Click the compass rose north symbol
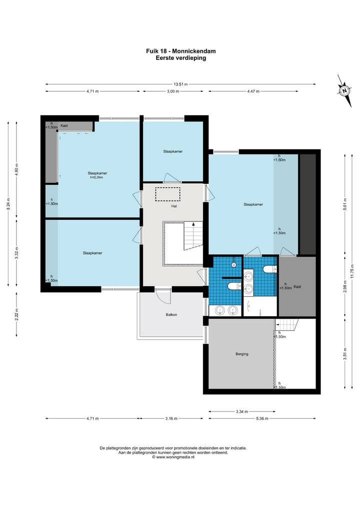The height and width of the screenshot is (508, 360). point(344,91)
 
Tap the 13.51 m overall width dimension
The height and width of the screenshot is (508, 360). point(180,84)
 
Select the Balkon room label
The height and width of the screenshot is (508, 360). point(171,315)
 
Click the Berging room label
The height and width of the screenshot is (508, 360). point(242,354)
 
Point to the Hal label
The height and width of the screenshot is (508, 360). point(174,206)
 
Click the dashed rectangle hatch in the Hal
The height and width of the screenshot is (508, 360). point(167,194)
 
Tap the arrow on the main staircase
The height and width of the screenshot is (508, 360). point(193,224)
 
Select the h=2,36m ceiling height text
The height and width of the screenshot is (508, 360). point(97,177)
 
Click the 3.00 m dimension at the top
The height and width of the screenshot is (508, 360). point(173,91)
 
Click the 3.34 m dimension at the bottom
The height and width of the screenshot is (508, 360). point(241,412)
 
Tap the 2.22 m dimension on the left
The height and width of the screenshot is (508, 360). point(16,315)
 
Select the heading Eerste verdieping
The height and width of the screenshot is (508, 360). point(180,58)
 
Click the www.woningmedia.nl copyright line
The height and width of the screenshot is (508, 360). point(173,457)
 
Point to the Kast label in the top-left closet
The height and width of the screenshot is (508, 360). point(64,126)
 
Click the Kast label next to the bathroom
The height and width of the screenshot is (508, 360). point(297,287)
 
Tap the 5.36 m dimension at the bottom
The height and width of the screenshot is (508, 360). point(262,419)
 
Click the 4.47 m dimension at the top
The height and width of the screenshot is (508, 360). point(253,91)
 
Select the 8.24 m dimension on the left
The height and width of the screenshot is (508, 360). point(8,204)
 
